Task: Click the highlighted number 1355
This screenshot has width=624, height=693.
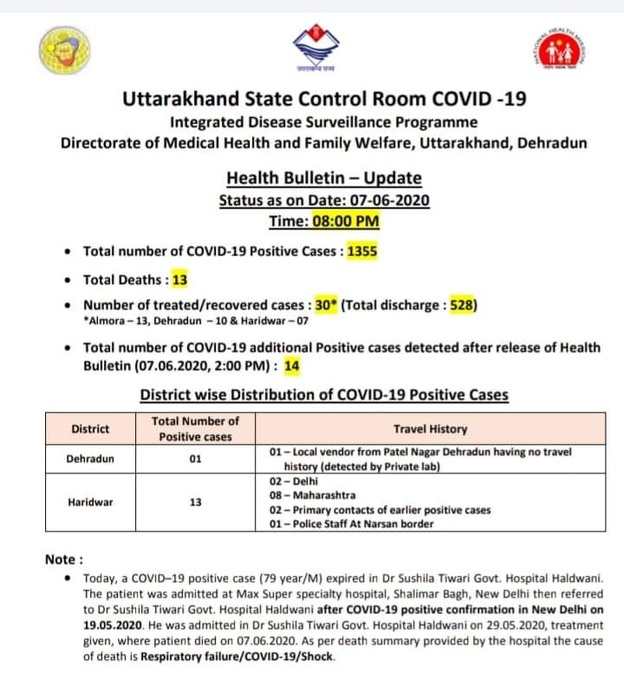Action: [362, 252]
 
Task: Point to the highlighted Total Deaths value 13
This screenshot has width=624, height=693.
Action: [179, 279]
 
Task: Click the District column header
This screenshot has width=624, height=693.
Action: [89, 428]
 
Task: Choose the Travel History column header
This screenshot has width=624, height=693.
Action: [430, 428]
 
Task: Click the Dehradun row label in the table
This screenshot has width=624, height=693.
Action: [89, 458]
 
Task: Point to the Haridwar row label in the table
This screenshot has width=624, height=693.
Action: [89, 501]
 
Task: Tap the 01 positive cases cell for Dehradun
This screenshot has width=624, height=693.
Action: [196, 458]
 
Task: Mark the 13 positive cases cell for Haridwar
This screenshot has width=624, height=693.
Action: [196, 501]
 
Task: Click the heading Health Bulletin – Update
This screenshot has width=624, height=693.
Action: [324, 179]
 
